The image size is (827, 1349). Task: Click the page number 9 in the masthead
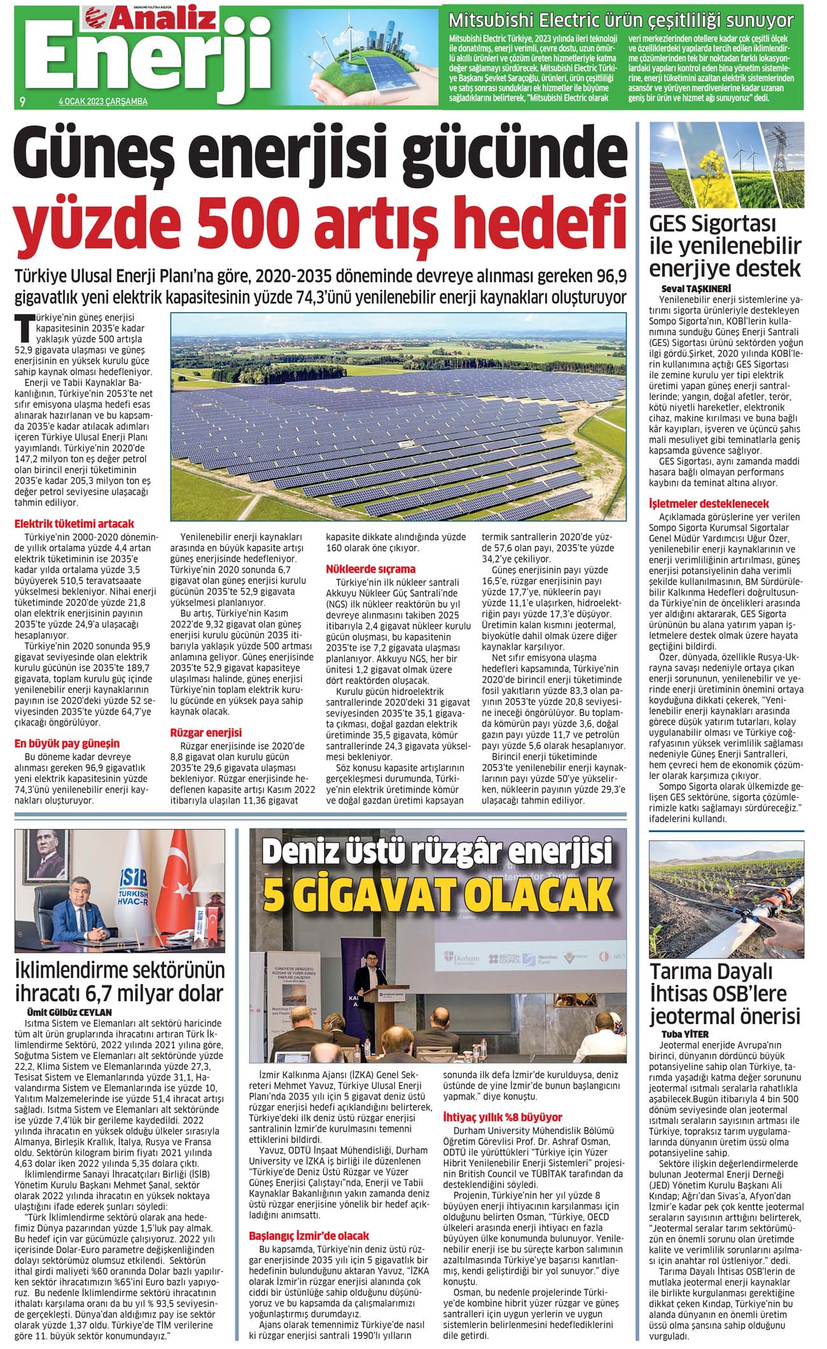coord(22,101)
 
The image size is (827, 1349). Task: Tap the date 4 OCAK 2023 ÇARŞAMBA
coord(102,102)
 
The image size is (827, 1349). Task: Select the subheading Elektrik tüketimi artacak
coord(74,524)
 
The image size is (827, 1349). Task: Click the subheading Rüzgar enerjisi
coord(205,732)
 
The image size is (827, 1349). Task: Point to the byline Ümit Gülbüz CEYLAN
coord(69,1012)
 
